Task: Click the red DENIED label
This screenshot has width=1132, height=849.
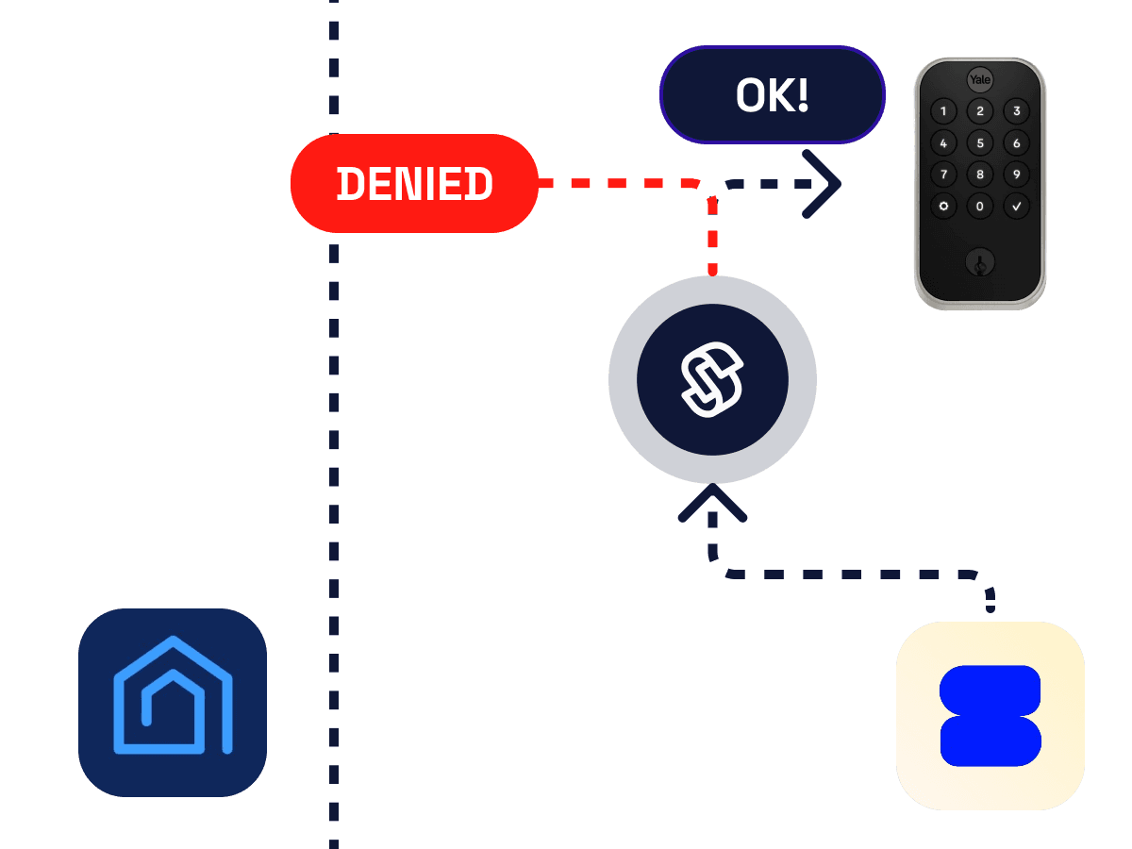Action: coord(414,183)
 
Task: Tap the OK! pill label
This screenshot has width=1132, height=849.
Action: coord(772,95)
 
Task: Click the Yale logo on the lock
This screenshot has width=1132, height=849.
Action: coord(979,79)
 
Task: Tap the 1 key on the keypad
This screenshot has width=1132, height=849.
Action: coord(943,111)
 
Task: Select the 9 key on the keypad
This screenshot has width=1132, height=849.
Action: coord(1016,175)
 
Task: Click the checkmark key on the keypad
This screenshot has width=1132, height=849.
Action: coord(1016,207)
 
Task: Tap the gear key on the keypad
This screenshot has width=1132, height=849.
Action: coord(943,207)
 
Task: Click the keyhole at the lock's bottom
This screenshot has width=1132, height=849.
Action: coord(980,263)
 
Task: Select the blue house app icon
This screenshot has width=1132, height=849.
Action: coord(173,702)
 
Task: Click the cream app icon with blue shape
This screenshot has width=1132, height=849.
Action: coord(990,715)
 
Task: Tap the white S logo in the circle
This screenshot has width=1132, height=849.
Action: coord(712,379)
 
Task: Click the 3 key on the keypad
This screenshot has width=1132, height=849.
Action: coord(1016,111)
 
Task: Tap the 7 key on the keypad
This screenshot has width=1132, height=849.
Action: coord(943,175)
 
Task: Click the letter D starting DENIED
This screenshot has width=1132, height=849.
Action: coord(350,184)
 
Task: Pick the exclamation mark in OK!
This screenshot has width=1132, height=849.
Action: coord(803,95)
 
